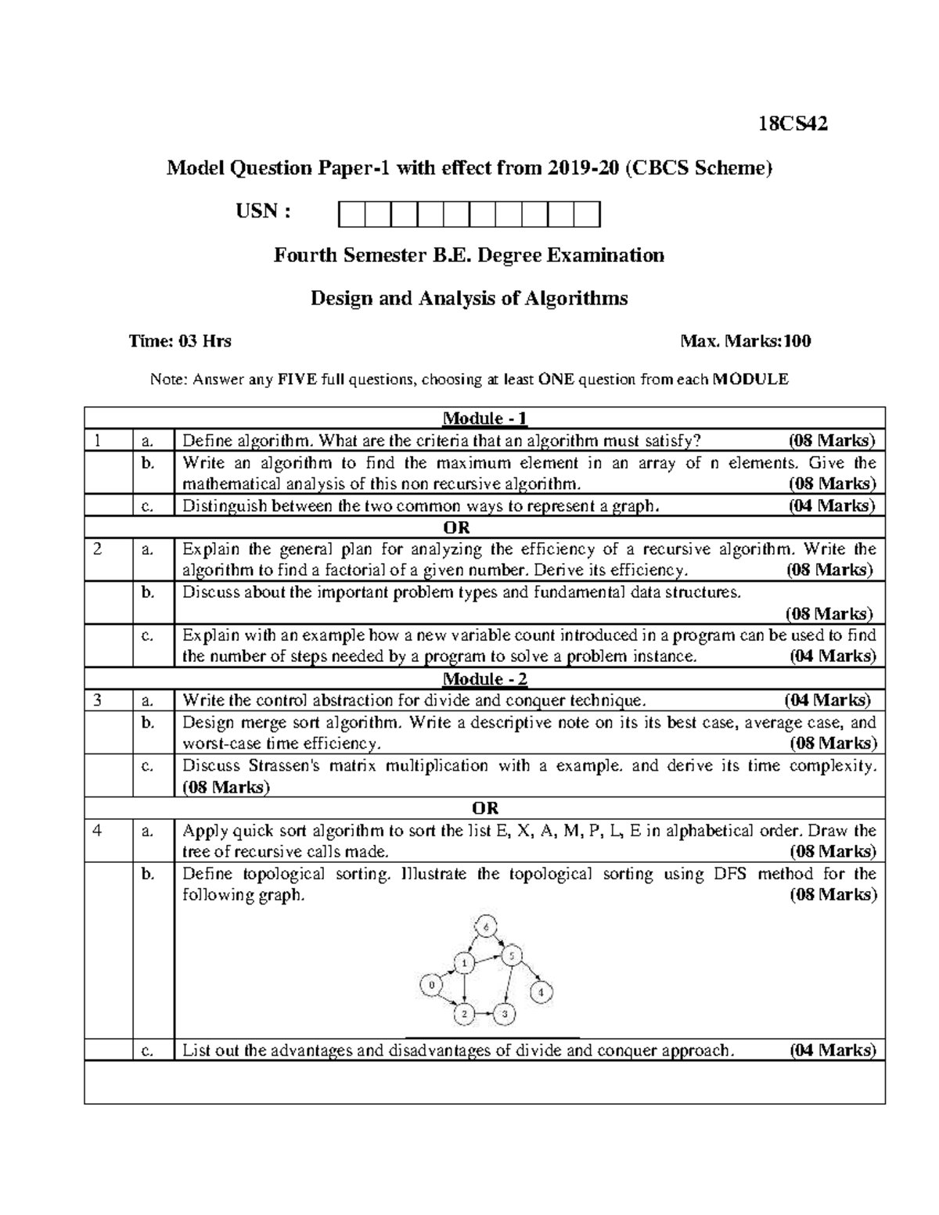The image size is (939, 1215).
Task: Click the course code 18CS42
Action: [x=793, y=124]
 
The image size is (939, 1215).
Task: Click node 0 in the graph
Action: [x=430, y=985]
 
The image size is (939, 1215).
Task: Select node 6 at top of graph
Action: [x=485, y=927]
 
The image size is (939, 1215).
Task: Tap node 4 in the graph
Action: [x=541, y=993]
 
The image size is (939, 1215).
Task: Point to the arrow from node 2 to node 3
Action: [x=485, y=1015]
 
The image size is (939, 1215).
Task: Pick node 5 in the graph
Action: [x=511, y=956]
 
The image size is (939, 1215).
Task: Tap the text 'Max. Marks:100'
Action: [x=746, y=341]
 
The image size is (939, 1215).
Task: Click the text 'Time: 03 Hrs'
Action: [x=180, y=341]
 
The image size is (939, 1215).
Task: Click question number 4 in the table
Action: [x=97, y=831]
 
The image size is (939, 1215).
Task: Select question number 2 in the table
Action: [x=97, y=549]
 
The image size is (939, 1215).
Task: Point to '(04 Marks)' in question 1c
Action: [x=831, y=505]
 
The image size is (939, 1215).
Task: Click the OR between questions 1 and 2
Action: [x=462, y=527]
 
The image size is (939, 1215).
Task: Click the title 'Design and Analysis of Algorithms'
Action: [x=469, y=298]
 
